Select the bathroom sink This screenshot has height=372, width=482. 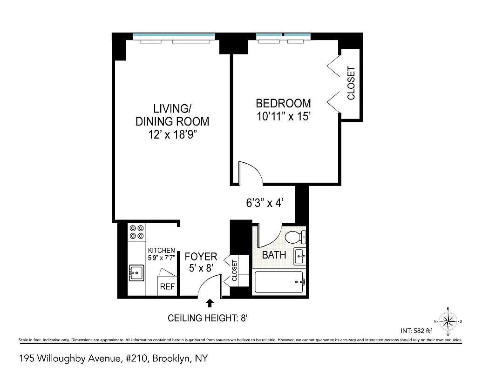(299, 255)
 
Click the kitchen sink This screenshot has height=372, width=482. (136, 272)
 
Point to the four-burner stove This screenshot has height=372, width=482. (137, 232)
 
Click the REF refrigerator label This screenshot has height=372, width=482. (167, 287)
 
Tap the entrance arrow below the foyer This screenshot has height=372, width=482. (210, 303)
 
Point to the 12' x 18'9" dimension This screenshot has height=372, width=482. (172, 135)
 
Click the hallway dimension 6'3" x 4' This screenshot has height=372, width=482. (265, 203)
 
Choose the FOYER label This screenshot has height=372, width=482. (201, 257)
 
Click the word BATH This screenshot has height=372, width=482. (274, 255)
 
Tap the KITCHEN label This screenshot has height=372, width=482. (161, 251)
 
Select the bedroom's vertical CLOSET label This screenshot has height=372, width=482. (351, 83)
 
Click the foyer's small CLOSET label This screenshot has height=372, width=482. (234, 271)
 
